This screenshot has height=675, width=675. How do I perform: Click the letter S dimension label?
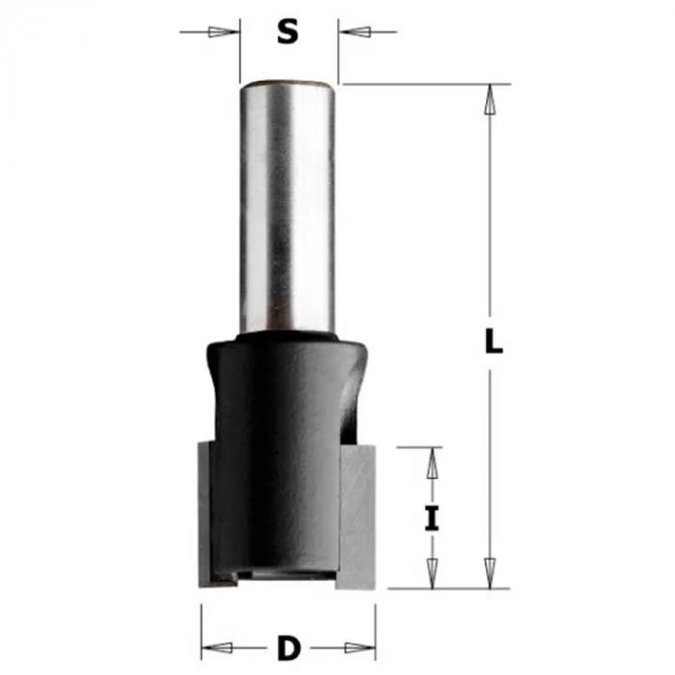(287, 32)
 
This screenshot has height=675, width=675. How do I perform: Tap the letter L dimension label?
(494, 340)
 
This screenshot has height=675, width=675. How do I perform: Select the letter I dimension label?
(432, 519)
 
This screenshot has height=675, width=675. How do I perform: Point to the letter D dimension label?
(288, 648)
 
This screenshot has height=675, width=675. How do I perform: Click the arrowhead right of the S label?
(355, 32)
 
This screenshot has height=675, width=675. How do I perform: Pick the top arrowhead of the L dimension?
(490, 99)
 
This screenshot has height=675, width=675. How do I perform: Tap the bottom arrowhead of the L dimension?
(490, 573)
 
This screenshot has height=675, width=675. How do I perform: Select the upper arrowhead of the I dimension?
(432, 463)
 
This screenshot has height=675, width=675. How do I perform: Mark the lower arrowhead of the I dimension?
(432, 574)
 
